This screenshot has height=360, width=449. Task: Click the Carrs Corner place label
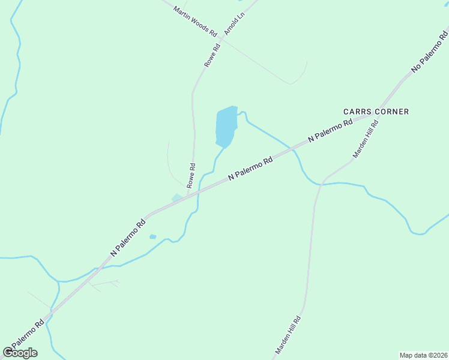pyautogui.click(x=376, y=112)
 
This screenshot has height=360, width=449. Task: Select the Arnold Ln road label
pyautogui.click(x=235, y=22)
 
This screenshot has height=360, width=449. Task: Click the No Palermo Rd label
pyautogui.click(x=429, y=53)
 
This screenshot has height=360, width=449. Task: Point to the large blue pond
pyautogui.click(x=226, y=127)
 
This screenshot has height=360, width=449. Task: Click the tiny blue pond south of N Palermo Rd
pyautogui.click(x=152, y=237)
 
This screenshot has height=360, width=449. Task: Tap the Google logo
pyautogui.click(x=20, y=353)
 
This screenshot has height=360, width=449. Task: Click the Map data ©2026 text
pyautogui.click(x=423, y=355)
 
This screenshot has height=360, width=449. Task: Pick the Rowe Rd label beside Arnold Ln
pyautogui.click(x=213, y=54)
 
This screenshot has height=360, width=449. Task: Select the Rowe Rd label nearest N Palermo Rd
pyautogui.click(x=191, y=176)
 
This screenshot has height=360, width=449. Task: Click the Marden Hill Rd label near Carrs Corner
pyautogui.click(x=365, y=139)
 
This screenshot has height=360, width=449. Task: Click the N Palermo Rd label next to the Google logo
pyautogui.click(x=24, y=338)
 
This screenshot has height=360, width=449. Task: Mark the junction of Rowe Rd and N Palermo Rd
pyautogui.click(x=188, y=196)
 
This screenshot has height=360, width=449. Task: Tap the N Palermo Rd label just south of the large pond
pyautogui.click(x=250, y=169)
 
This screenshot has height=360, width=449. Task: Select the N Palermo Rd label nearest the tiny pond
pyautogui.click(x=128, y=238)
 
